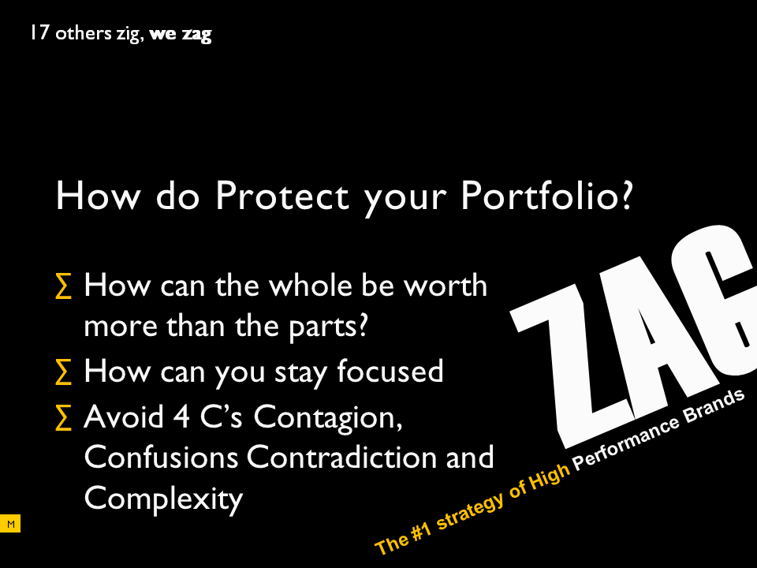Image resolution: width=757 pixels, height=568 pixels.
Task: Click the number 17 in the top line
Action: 39,33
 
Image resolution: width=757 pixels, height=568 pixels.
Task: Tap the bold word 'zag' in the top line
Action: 196,35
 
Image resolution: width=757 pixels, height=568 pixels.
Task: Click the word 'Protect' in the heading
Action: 282,195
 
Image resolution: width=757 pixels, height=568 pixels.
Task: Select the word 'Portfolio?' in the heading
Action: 546,195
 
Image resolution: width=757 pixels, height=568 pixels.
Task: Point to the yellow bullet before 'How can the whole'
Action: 64,286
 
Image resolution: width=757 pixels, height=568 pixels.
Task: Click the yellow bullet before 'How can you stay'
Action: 64,372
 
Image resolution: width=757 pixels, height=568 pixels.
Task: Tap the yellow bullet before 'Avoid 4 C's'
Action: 64,417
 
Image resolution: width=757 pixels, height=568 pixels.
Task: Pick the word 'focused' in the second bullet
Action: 390,371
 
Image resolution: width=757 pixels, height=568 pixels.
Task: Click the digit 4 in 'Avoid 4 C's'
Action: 181,417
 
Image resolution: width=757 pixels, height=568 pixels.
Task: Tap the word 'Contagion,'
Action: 328,418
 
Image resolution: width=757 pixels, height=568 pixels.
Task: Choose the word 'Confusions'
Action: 161,457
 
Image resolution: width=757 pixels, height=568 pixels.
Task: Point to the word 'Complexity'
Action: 164,499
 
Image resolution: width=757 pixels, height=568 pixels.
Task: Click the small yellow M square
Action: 10,524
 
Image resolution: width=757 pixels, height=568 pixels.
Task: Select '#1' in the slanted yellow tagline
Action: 421,529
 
